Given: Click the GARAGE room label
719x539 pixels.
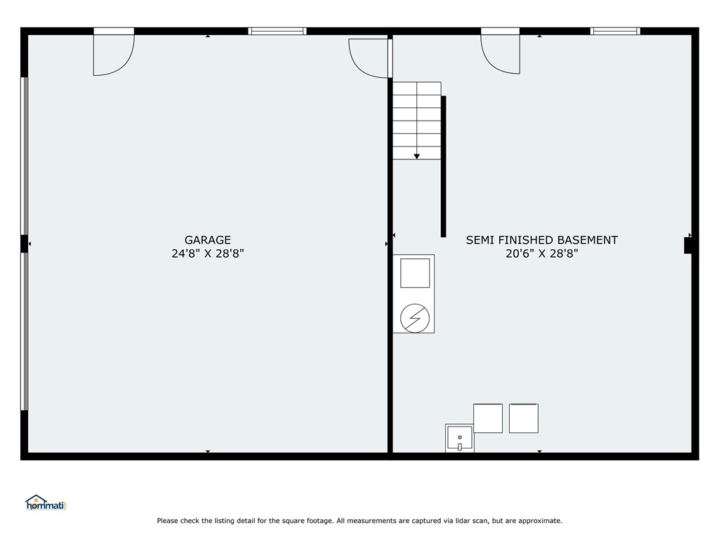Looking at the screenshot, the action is click(x=207, y=240).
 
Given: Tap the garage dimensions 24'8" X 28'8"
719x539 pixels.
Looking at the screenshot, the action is click(x=207, y=253).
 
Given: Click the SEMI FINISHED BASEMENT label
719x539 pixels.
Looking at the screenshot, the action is click(x=541, y=240).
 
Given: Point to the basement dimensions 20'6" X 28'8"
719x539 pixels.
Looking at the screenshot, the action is click(x=541, y=253).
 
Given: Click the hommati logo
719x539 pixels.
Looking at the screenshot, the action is click(x=46, y=503).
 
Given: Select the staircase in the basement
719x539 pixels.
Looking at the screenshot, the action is click(x=417, y=121).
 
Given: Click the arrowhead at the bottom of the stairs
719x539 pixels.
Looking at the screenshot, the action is click(x=417, y=157).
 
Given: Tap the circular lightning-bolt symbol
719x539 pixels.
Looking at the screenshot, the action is click(x=415, y=318).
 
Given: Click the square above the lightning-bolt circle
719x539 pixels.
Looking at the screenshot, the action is click(x=415, y=273).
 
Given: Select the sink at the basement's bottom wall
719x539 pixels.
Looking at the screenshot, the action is click(x=459, y=438).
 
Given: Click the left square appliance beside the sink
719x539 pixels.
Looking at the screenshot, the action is click(x=488, y=418).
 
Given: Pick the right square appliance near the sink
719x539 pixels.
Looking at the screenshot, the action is click(x=524, y=418).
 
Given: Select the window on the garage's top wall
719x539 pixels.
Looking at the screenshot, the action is click(x=277, y=31).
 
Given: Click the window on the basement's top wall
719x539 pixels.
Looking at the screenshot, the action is click(x=615, y=31).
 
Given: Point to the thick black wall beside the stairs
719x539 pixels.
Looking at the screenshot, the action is click(x=444, y=166).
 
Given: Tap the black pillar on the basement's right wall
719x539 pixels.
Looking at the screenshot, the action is click(x=688, y=245).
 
